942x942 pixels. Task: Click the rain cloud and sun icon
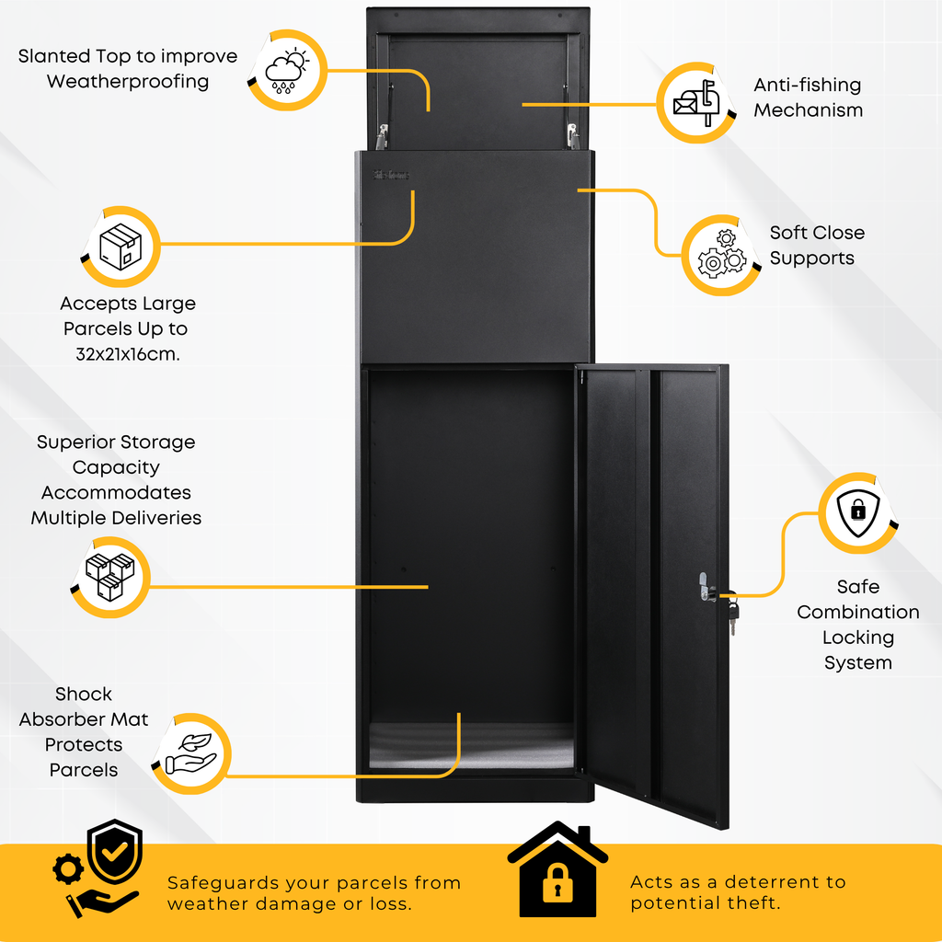(287, 71)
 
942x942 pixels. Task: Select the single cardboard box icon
(121, 247)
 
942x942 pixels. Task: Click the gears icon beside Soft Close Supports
(721, 254)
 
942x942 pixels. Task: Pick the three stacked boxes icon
(110, 577)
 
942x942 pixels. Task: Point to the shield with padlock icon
(858, 512)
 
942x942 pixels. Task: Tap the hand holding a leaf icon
(190, 753)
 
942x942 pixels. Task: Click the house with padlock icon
(557, 868)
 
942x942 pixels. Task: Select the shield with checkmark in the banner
(114, 851)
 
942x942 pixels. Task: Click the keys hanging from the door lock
(732, 610)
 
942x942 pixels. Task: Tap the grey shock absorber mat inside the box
(472, 747)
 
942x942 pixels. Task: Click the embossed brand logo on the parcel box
(391, 175)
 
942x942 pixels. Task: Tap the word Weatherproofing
(128, 81)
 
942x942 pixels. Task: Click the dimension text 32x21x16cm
(128, 354)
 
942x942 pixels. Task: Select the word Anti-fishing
(808, 86)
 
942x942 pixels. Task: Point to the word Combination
(858, 612)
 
